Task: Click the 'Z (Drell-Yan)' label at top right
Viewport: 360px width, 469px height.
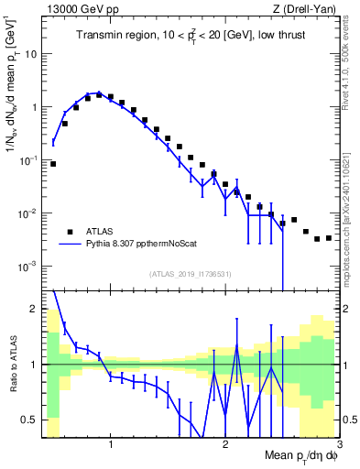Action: click(x=307, y=8)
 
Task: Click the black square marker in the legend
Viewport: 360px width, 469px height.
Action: click(x=70, y=232)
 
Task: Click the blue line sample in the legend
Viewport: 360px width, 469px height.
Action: click(x=70, y=245)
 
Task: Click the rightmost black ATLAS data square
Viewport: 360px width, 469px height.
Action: click(x=329, y=238)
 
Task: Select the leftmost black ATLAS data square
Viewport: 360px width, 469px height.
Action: click(x=53, y=164)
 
